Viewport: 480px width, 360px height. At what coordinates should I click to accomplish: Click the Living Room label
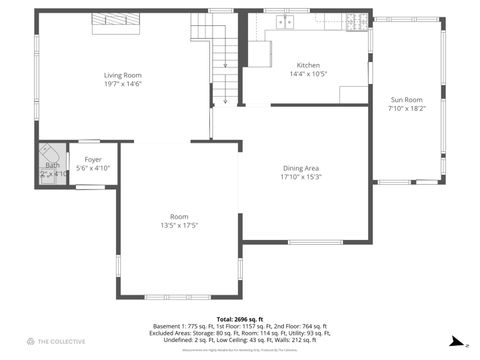tap(123, 75)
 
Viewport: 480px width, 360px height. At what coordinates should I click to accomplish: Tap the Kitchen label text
tap(308, 65)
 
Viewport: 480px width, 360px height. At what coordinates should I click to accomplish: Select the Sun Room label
tap(406, 100)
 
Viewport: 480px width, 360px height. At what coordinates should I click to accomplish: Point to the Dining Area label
tap(300, 168)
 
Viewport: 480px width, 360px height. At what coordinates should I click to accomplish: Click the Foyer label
tap(92, 159)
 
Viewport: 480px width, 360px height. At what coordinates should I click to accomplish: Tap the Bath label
tap(51, 165)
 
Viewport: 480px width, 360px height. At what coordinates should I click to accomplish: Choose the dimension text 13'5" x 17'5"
tap(179, 225)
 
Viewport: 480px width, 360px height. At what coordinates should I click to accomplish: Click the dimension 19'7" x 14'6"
tap(123, 84)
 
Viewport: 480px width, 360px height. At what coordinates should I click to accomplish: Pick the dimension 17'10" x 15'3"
tap(300, 177)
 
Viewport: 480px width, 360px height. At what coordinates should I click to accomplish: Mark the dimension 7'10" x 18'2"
tap(406, 109)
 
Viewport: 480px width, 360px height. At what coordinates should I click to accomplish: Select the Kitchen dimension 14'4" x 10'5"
tap(308, 74)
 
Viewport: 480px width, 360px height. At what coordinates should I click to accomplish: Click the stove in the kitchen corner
tap(356, 20)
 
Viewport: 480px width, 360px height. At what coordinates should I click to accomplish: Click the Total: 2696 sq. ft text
tap(240, 318)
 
